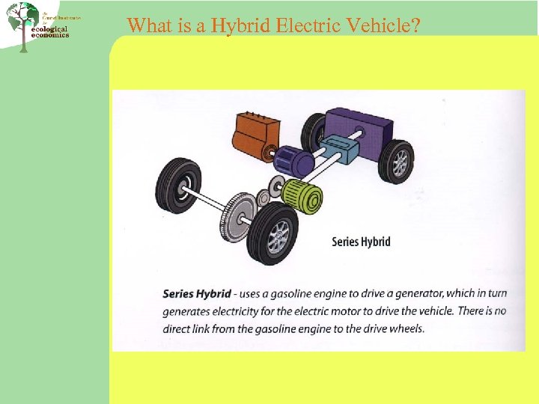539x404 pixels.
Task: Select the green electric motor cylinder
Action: click(304, 195)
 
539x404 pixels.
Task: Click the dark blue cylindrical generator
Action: click(293, 161)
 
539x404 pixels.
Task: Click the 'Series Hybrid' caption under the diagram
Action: click(361, 242)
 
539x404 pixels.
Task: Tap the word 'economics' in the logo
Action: click(50, 35)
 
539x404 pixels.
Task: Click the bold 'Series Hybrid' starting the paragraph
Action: click(197, 294)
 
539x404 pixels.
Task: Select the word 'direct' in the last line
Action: click(178, 328)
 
